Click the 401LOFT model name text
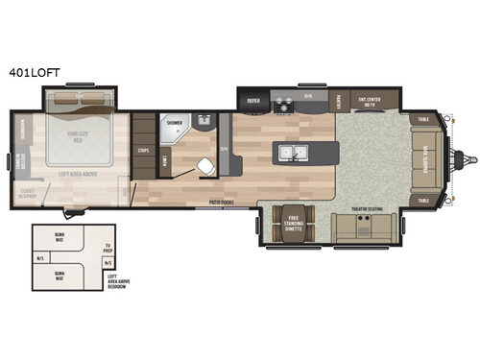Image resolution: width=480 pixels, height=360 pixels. coord(33,71)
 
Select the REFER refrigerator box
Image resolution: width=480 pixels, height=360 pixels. coord(254,99)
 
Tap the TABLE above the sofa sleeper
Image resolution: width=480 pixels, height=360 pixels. coord(423,118)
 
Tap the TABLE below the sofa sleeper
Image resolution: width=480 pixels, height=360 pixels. coord(423,200)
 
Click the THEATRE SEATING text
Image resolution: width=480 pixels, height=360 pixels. coord(367,206)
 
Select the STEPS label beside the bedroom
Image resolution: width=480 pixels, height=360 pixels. coord(144,151)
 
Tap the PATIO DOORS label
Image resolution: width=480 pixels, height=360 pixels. coord(225,203)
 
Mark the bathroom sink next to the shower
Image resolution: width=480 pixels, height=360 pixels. coord(204,119)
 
